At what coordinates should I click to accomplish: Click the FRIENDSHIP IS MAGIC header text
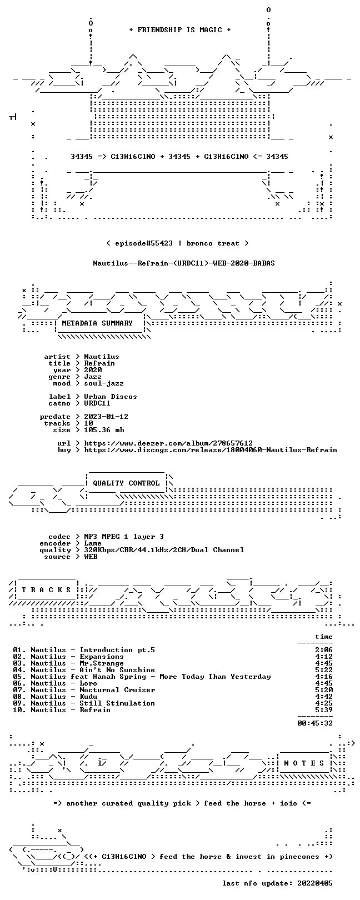point(180,30)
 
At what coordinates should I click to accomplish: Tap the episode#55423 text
point(144,243)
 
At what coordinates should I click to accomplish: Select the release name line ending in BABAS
point(184,263)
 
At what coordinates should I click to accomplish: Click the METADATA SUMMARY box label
point(97,323)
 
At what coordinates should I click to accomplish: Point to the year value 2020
point(93,370)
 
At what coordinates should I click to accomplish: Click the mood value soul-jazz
point(104,384)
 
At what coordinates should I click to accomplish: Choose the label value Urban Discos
point(111,397)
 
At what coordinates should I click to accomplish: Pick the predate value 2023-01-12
point(106,417)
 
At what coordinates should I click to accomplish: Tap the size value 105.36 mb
point(104,430)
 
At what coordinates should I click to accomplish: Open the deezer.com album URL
point(168,443)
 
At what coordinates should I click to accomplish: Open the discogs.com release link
point(211,451)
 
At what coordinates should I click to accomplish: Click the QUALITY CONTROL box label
point(126,483)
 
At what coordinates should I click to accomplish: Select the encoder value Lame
point(93,544)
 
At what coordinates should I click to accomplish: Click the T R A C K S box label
point(46,590)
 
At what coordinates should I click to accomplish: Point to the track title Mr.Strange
point(102,663)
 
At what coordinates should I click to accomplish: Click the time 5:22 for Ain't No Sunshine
point(324,670)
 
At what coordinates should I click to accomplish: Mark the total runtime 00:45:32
point(315,723)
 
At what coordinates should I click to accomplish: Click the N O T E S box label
point(304,763)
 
